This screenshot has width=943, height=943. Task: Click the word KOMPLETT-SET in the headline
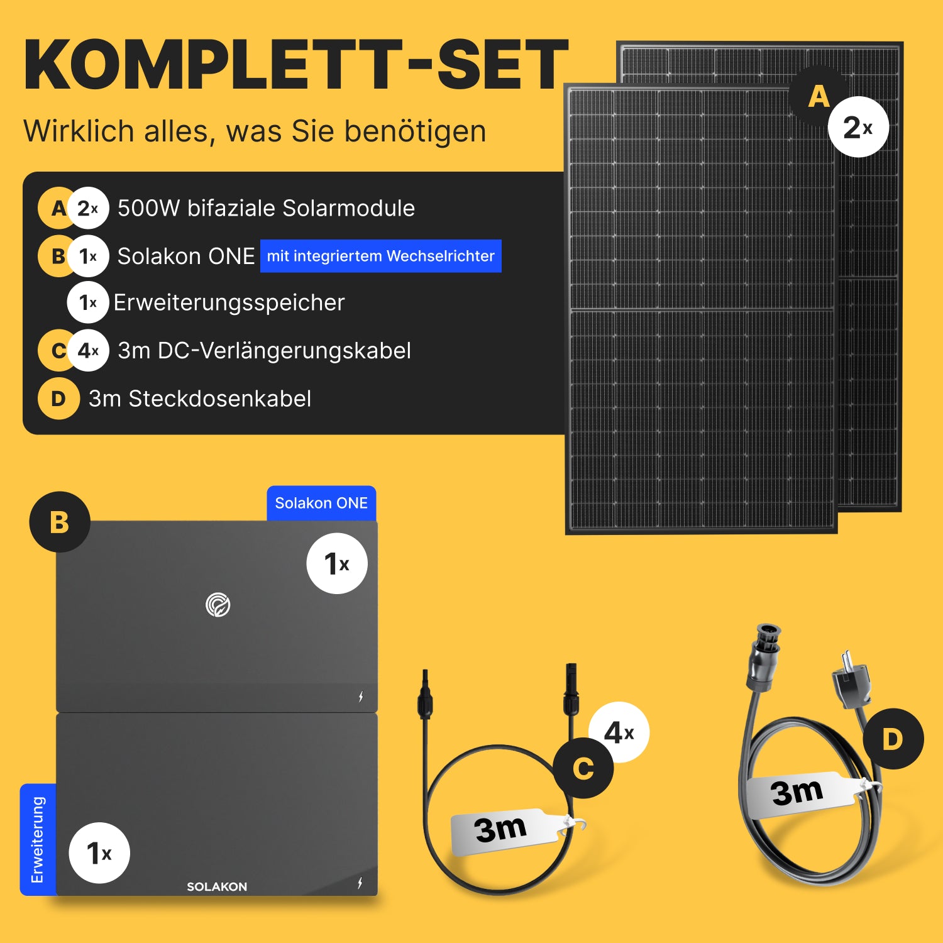[x=295, y=65]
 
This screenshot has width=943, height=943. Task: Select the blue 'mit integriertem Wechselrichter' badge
[x=381, y=256]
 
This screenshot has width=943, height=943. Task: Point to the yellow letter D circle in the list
[x=58, y=399]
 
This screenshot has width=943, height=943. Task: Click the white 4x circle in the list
[x=88, y=350]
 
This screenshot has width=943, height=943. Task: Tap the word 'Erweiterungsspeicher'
[x=229, y=303]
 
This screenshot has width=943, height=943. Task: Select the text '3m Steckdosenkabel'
[x=200, y=399]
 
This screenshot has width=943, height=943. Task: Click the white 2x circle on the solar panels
[x=859, y=127]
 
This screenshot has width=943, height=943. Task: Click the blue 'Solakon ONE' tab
[x=321, y=503]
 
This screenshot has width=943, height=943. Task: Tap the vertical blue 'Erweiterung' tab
[x=38, y=839]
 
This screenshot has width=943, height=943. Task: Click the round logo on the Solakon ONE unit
[x=218, y=605]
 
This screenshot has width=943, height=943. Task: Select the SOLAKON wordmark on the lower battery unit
[x=217, y=886]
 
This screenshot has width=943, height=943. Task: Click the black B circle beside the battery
[x=60, y=522]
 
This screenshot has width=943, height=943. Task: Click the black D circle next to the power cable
[x=893, y=739]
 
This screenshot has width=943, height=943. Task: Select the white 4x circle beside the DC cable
[x=619, y=732]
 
